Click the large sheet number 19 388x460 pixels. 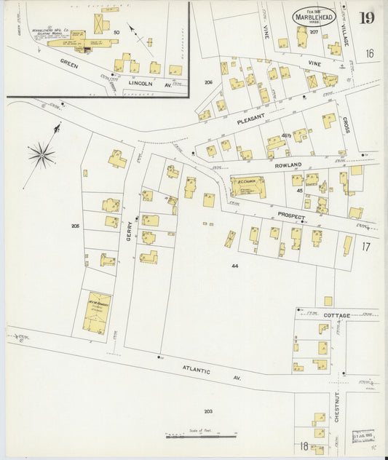[x=366, y=17]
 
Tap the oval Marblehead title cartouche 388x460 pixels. [x=314, y=16]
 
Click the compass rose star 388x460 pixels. [x=41, y=154]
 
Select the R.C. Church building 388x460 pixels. [x=248, y=186]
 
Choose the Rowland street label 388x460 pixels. [x=288, y=165]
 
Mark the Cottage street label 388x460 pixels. [x=337, y=315]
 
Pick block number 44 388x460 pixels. [x=234, y=266]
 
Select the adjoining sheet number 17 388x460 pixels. [x=365, y=247]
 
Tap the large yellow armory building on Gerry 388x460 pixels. [x=97, y=312]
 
